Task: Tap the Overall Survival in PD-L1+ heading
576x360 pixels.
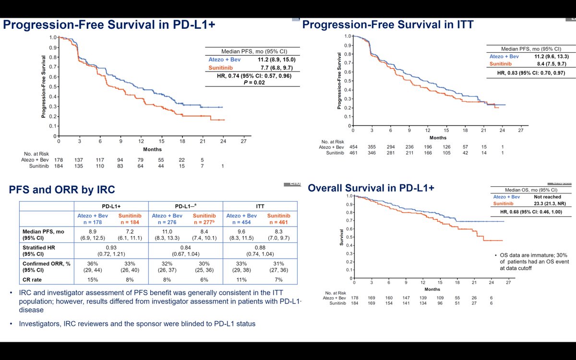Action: [371, 188]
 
